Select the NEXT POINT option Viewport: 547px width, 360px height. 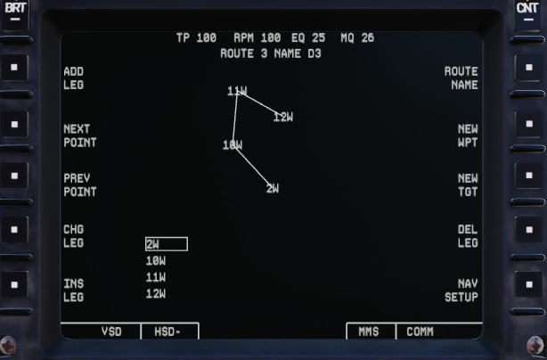point(79,135)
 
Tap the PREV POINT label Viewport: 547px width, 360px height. point(79,184)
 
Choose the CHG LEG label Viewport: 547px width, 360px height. point(73,236)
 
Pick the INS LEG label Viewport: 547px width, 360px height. point(73,290)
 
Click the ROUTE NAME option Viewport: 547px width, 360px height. point(461,78)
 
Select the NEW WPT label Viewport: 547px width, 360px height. point(468,135)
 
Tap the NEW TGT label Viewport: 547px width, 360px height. point(468,184)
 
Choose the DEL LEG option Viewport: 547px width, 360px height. point(468,236)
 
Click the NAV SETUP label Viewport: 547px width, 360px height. point(461,290)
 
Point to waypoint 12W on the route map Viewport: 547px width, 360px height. point(283,117)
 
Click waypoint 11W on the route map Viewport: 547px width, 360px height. point(237,91)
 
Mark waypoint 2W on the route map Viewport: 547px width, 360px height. point(273,188)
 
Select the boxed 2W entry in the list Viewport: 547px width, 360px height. point(166,244)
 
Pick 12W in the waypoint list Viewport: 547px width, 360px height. point(156,294)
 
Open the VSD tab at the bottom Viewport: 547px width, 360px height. point(110,331)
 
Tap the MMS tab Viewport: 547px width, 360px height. point(369,331)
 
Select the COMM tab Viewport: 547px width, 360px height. point(420,331)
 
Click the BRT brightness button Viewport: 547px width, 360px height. point(15,10)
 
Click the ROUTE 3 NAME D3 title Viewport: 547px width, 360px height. point(271,53)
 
